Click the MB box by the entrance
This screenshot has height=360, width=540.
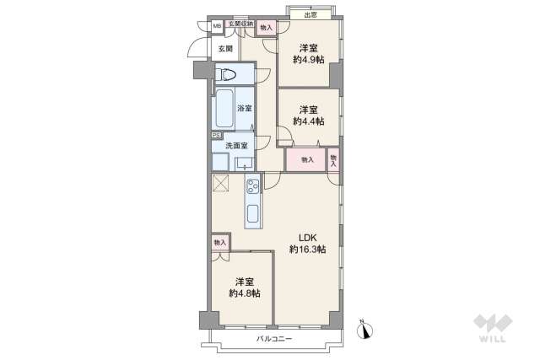coord(217,26)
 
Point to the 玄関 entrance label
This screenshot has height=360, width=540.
coord(224,48)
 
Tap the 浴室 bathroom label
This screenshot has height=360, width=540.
coord(245,109)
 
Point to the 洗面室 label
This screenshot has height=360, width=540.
coord(236,145)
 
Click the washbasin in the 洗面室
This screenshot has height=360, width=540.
coord(244,163)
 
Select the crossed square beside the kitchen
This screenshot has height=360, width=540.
coord(221,185)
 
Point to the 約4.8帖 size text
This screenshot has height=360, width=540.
coord(244,293)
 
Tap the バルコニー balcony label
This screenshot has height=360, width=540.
coord(273,339)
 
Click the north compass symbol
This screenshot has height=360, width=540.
coord(364,329)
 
